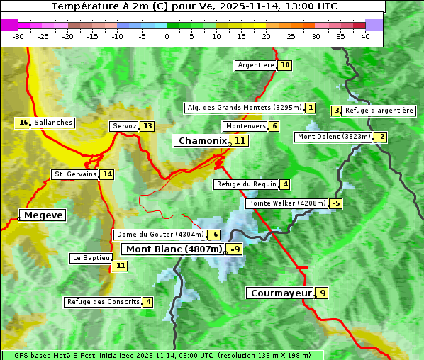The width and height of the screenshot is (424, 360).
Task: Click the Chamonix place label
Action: [x=202, y=141]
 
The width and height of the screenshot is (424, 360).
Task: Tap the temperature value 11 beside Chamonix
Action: [x=240, y=141]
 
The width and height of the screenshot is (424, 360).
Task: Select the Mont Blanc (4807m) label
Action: [x=174, y=249]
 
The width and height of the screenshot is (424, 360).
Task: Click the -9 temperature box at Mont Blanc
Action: [x=234, y=249]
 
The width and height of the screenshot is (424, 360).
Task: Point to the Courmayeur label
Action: [x=281, y=293]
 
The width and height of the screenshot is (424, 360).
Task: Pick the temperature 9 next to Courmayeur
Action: [x=323, y=293]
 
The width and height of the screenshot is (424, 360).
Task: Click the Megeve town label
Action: [x=43, y=215]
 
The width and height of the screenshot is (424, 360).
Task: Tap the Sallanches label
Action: [x=53, y=123]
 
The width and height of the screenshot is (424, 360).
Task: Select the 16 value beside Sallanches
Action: [x=23, y=123]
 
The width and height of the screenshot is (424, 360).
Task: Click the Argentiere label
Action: [x=256, y=65]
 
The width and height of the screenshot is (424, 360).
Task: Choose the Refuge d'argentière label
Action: [x=379, y=111]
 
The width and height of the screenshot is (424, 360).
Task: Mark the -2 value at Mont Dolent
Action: [x=381, y=137]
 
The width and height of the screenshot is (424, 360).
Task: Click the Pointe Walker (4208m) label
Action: [x=287, y=203]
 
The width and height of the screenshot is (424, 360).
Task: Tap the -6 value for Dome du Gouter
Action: [x=213, y=235]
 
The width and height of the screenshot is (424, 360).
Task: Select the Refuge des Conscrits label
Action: [x=104, y=302]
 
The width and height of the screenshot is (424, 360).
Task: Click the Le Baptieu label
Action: [x=91, y=258]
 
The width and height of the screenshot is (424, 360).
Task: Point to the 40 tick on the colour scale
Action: [x=365, y=36]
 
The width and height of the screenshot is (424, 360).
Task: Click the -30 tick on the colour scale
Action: [x=18, y=36]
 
